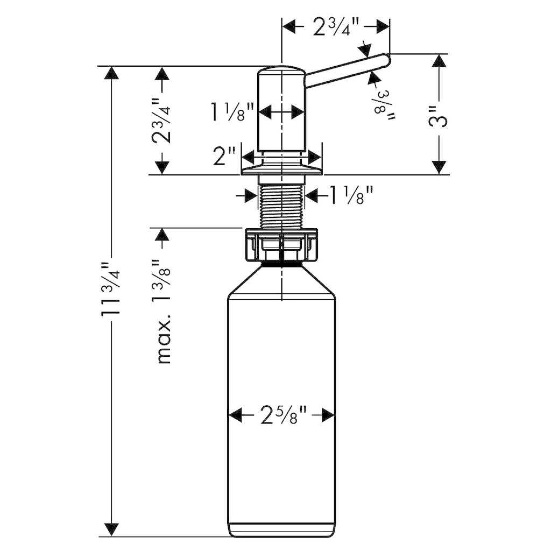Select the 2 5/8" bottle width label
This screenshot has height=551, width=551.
tap(281, 415)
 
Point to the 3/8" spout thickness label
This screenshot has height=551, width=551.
tap(384, 105)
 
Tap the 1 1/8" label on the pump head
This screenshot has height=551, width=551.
tap(232, 112)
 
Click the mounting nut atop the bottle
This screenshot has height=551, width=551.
tap(282, 245)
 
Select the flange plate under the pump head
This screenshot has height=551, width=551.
tap(281, 167)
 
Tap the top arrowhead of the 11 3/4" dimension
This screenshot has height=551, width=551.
tap(111, 73)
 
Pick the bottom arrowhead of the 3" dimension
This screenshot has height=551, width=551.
tap(439, 167)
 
